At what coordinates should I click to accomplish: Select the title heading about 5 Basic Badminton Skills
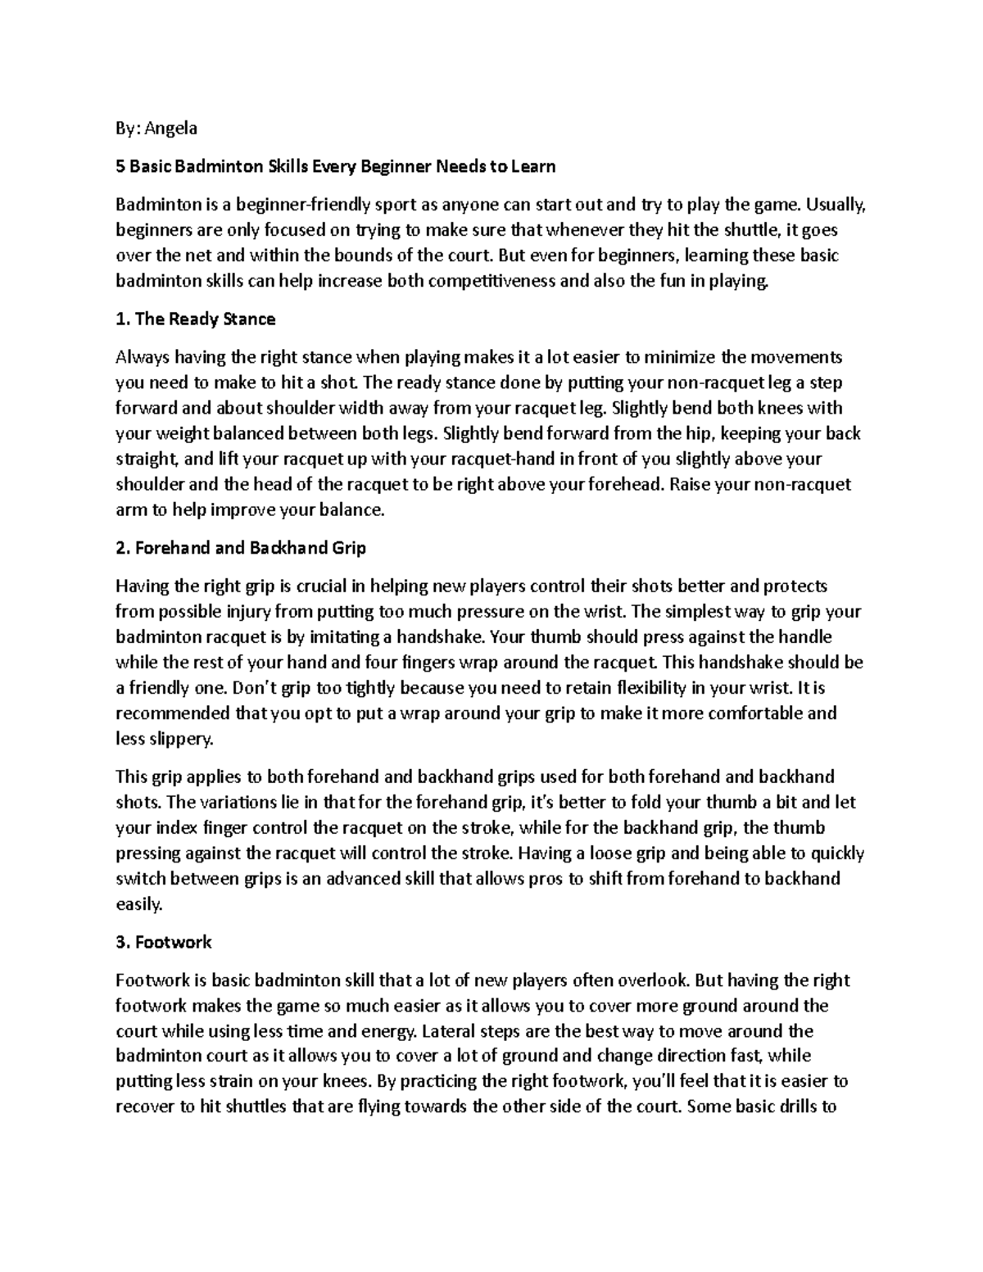(x=336, y=166)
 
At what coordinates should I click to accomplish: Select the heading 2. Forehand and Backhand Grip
(x=241, y=548)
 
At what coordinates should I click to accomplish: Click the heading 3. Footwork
(x=164, y=942)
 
